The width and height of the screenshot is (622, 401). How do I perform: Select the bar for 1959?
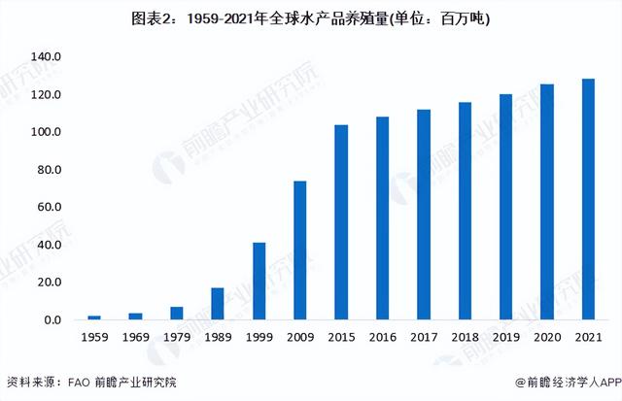tap(94, 317)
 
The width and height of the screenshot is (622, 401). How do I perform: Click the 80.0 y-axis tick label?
tap(48, 170)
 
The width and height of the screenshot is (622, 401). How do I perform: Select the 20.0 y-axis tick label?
tap(48, 283)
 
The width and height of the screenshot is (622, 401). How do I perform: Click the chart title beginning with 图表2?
tap(312, 18)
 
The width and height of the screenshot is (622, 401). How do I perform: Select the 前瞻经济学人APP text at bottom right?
tap(564, 382)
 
